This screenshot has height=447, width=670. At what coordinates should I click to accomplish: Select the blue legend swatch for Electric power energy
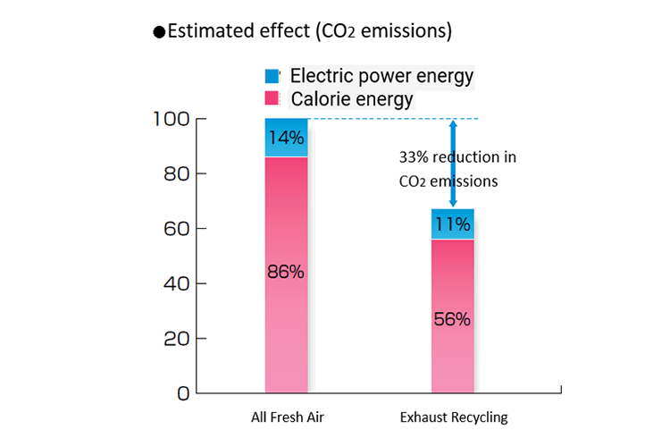pos(272,75)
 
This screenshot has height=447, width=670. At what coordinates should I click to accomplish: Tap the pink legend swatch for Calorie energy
pos(272,98)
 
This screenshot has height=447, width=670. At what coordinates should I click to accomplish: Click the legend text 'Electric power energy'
pos(381,75)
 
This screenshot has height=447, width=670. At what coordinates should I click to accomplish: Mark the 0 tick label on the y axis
pos(182,393)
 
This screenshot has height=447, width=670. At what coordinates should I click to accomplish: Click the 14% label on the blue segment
pos(287,138)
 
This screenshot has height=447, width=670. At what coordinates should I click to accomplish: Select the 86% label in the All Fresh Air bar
pos(287,272)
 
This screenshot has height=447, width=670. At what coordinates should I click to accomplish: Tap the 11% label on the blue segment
pos(453,224)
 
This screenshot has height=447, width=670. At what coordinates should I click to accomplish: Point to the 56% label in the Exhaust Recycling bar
pos(453,318)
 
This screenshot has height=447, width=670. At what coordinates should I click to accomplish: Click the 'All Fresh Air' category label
pos(287,417)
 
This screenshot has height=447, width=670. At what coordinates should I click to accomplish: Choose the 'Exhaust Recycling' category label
pos(454,417)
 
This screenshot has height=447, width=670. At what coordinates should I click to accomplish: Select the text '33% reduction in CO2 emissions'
pos(457,169)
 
